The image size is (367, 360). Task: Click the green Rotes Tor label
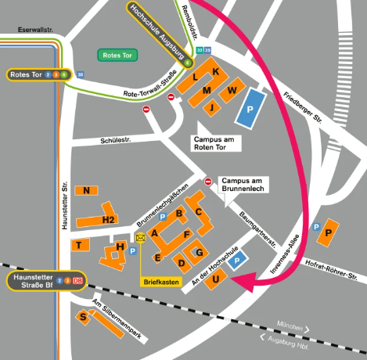(117, 55)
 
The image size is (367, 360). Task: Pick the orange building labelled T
(79, 245)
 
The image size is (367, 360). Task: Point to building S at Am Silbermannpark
(83, 316)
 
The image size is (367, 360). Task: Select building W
(232, 92)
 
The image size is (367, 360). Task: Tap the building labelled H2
(109, 219)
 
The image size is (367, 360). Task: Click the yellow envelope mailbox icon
(140, 238)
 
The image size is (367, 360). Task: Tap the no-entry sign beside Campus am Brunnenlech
(208, 182)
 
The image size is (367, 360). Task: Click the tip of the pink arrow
(238, 287)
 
